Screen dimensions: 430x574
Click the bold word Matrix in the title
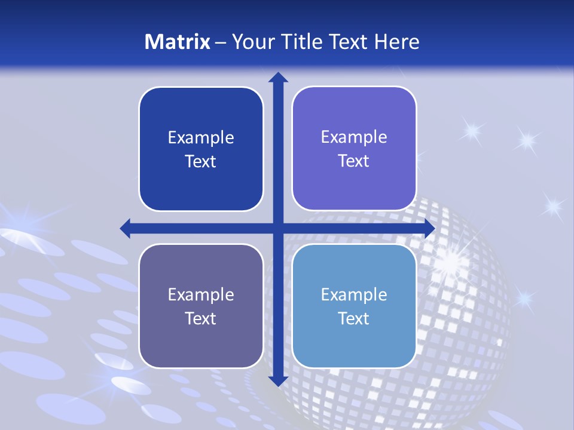click(x=178, y=42)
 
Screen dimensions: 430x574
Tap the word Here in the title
click(x=396, y=42)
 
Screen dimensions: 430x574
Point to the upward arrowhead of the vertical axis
click(x=277, y=78)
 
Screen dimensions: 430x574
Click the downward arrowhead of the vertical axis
click(x=277, y=380)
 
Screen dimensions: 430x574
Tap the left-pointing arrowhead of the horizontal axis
click(x=126, y=228)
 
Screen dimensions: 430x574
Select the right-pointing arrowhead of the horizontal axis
click(x=429, y=228)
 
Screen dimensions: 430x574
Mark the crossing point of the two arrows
click(x=277, y=228)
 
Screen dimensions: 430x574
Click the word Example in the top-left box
click(x=201, y=138)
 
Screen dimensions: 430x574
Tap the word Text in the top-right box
click(x=354, y=161)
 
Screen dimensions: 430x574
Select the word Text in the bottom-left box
click(x=201, y=318)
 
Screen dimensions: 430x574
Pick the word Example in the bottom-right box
click(x=354, y=294)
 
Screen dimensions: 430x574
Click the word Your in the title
click(x=248, y=42)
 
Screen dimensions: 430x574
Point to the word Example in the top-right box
click(x=354, y=137)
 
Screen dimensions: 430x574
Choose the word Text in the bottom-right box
click(x=354, y=318)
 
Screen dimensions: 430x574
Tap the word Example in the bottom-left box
click(x=201, y=294)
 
